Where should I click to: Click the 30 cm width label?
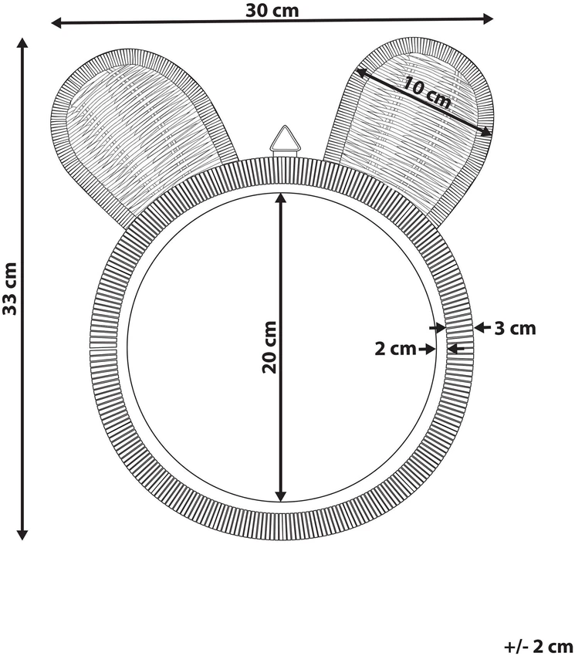(272, 11)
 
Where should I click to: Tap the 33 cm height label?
(9, 289)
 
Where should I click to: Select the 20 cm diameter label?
(269, 347)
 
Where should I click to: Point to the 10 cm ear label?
(427, 93)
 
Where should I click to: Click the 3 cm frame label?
(515, 329)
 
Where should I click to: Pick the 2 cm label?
(395, 349)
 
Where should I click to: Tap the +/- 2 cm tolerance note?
(539, 646)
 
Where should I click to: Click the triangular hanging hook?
(285, 140)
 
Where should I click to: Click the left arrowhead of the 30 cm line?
(56, 23)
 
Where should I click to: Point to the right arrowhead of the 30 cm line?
(488, 19)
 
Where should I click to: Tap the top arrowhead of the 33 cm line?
(22, 43)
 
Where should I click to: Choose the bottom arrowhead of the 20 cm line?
(281, 495)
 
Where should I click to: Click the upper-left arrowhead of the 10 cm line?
(361, 73)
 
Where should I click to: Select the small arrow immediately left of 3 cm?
(482, 327)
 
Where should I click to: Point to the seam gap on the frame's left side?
(102, 348)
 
